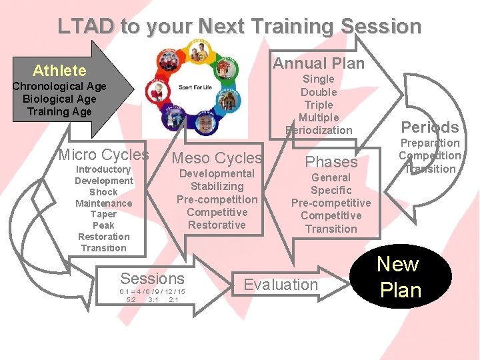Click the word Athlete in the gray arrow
click(x=59, y=71)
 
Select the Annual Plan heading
click(x=319, y=64)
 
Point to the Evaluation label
click(x=281, y=285)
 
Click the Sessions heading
click(x=152, y=279)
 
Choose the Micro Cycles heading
click(x=104, y=155)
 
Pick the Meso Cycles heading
click(x=217, y=158)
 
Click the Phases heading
click(x=331, y=162)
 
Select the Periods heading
click(x=429, y=127)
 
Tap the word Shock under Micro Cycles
click(x=103, y=192)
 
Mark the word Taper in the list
click(x=103, y=214)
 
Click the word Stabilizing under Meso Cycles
click(x=217, y=187)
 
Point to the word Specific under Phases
click(x=331, y=190)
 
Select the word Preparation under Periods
click(x=429, y=143)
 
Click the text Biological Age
click(x=59, y=99)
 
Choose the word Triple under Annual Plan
click(x=319, y=105)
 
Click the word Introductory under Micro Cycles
click(x=103, y=169)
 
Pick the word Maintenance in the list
click(x=103, y=203)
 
